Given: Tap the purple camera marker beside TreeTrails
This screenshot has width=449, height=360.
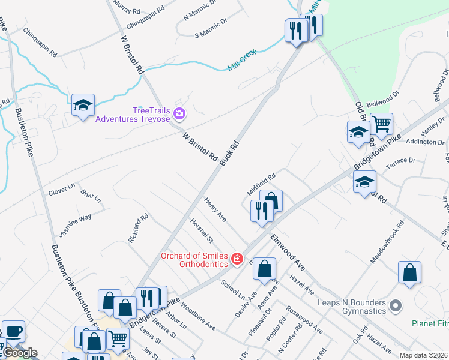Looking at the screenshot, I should [179, 113].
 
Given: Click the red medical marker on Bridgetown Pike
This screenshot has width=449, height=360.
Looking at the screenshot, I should [238, 259].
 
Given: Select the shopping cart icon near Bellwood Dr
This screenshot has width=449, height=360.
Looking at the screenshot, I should [381, 125].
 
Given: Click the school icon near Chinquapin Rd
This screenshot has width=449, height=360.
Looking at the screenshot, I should [82, 106].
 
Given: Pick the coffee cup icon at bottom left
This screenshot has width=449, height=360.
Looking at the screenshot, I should [13, 331].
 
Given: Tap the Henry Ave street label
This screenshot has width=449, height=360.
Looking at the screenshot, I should [215, 210].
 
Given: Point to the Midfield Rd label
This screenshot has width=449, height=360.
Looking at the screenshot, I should [261, 184].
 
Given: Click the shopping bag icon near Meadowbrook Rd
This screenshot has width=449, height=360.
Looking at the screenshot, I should [409, 272].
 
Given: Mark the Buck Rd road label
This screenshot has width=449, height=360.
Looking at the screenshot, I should [229, 153].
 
